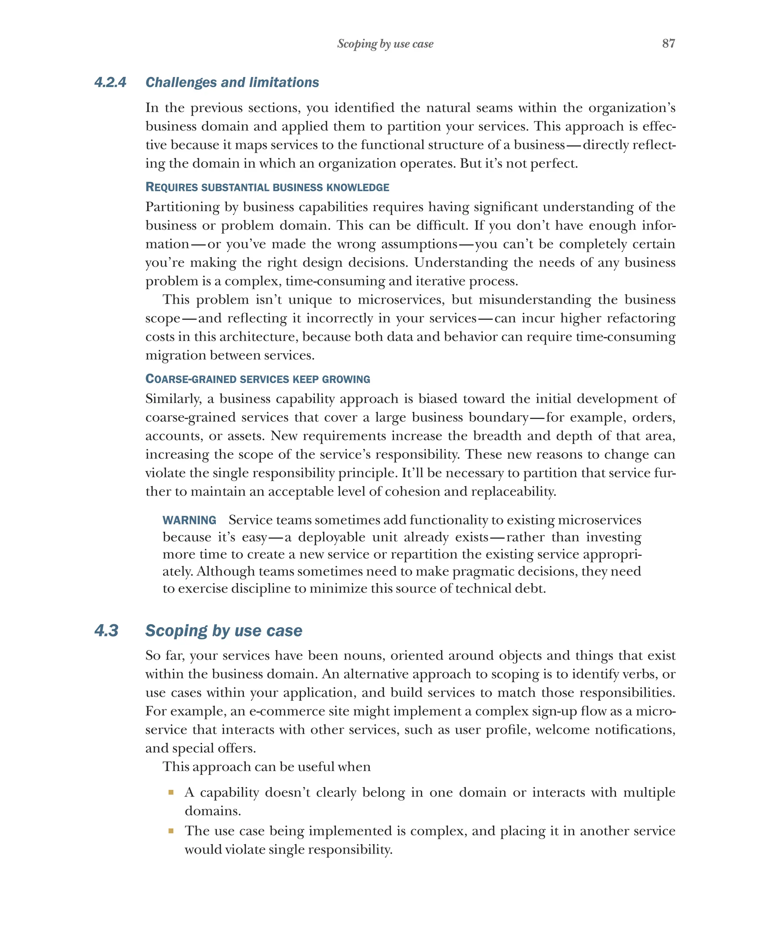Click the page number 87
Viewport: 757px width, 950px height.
(x=668, y=43)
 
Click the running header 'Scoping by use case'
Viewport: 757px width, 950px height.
(x=385, y=44)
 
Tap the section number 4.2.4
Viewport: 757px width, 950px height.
(x=110, y=82)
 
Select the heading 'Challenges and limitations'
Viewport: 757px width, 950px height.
(x=232, y=82)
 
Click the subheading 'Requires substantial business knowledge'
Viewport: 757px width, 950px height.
(x=267, y=187)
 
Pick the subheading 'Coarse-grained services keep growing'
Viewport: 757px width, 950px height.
(x=258, y=379)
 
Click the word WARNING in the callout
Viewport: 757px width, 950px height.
(x=189, y=520)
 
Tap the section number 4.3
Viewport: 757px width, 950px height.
(x=106, y=630)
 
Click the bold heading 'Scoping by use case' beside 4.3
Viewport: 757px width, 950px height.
(x=224, y=630)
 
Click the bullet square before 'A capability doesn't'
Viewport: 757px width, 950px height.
(x=171, y=792)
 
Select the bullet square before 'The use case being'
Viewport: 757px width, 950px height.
(x=171, y=831)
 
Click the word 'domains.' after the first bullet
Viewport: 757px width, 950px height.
(x=212, y=811)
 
